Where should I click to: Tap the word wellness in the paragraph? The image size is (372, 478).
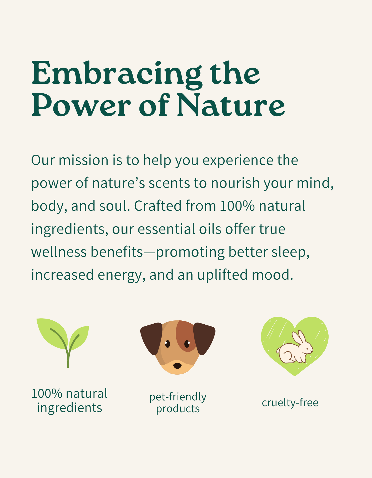[59, 252]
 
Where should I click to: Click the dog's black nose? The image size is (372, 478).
[177, 366]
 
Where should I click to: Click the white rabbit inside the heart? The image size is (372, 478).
[295, 348]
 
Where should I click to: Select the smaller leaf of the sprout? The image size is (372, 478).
[79, 338]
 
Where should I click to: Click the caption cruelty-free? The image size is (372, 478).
[290, 402]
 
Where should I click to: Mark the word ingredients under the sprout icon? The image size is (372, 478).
[69, 408]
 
